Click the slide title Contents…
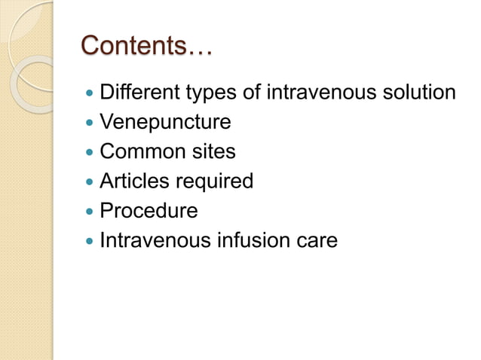[147, 46]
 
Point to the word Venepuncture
[165, 123]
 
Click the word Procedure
[149, 211]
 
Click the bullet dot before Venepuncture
[91, 123]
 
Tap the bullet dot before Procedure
[91, 212]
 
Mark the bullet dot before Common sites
[91, 152]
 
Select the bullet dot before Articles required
[91, 182]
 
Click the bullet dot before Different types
[91, 93]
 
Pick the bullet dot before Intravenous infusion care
[91, 242]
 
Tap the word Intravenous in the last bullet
[149, 241]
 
